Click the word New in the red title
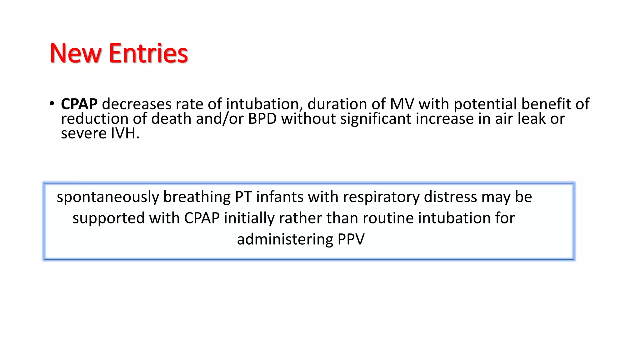[75, 53]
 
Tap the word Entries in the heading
[148, 53]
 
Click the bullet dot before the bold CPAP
[52, 103]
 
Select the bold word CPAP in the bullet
[79, 104]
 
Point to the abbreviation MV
[402, 104]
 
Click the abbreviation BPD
[262, 119]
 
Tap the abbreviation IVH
[125, 133]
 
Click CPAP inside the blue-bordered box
[202, 218]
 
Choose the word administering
[285, 240]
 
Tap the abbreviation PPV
[351, 240]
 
